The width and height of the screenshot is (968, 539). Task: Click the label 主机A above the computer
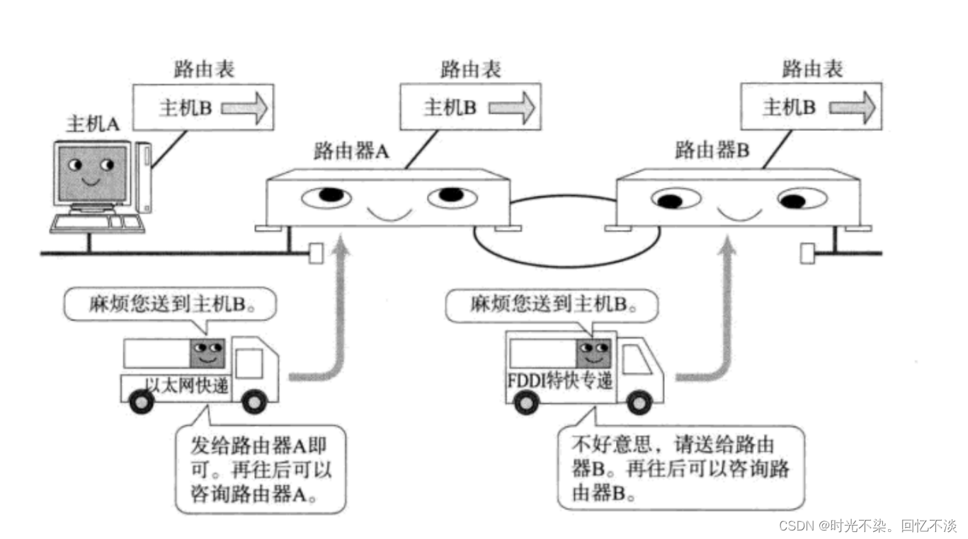tap(93, 124)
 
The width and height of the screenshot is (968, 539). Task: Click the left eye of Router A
tap(326, 196)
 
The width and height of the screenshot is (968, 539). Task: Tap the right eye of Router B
tap(800, 199)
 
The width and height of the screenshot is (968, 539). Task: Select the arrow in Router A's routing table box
tap(511, 108)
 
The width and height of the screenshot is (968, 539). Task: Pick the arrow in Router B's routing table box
tap(853, 108)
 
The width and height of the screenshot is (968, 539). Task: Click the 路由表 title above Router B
tap(812, 69)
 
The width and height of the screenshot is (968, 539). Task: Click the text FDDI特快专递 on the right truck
tap(559, 381)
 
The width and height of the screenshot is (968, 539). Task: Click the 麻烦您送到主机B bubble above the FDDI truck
tap(552, 304)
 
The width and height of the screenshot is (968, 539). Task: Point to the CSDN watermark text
tap(867, 526)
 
